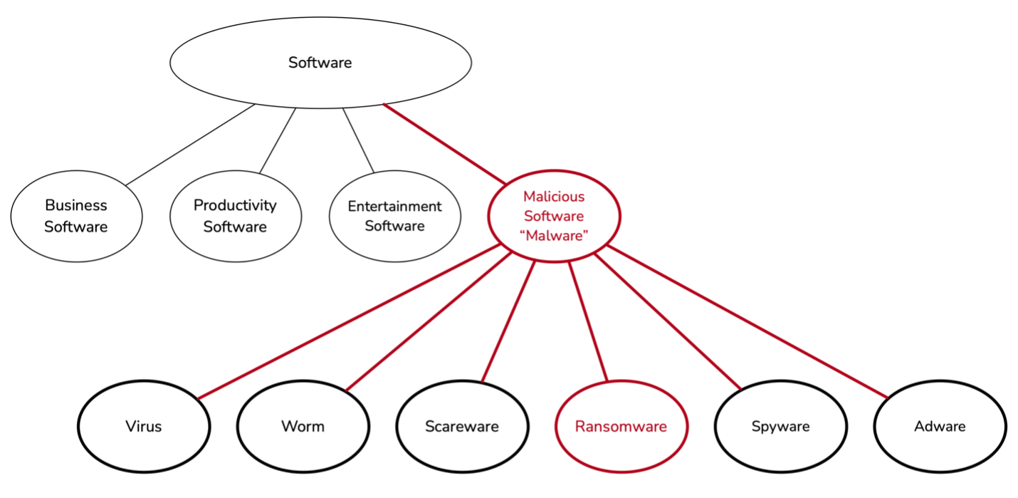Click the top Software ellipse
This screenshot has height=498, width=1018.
coord(320,63)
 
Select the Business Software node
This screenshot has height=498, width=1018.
coord(76,216)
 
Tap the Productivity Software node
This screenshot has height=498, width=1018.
coord(235,216)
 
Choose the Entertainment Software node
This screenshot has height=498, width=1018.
coord(394,216)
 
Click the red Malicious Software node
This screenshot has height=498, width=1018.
coord(554,216)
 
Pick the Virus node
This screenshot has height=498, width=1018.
coord(144,427)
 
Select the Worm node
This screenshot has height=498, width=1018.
coord(303,427)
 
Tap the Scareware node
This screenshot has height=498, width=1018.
coord(462,427)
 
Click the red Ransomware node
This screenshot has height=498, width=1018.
coord(621,427)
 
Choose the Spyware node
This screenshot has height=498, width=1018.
coord(780,427)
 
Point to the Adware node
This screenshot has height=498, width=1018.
coord(940,427)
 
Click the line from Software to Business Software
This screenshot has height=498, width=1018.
coord(190,145)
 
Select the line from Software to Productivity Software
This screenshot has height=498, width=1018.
coord(278,140)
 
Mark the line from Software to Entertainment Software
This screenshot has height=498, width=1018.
coord(358,140)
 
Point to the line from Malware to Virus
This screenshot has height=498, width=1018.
coord(349,322)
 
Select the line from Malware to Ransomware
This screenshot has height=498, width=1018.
coord(588,322)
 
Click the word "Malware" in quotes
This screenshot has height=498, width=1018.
coord(555,236)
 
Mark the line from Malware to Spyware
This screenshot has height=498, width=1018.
coord(668,322)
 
